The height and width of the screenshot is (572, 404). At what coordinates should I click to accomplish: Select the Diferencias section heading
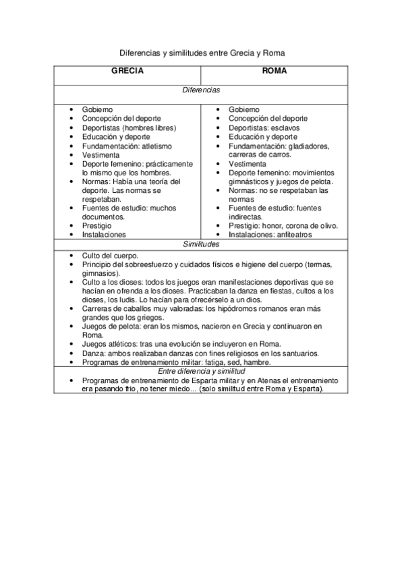pyautogui.click(x=200, y=89)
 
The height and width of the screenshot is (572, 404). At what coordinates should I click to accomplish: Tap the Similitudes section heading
pyautogui.click(x=200, y=244)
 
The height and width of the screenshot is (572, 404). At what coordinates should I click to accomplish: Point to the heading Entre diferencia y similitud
pyautogui.click(x=200, y=372)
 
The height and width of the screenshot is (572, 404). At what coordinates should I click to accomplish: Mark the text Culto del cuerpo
pyautogui.click(x=110, y=256)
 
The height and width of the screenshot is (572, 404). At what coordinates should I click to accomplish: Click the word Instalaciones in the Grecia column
pyautogui.click(x=104, y=235)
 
